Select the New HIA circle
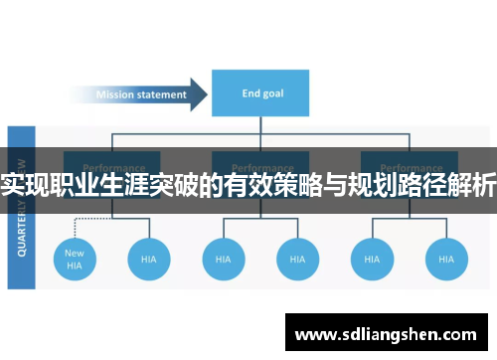tap(75, 259)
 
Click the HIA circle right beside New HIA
tap(149, 259)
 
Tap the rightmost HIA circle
tap(446, 259)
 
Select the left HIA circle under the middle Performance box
tap(223, 259)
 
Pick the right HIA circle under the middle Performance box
tap(297, 259)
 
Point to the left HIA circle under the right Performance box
tap(372, 259)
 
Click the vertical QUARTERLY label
tap(22, 209)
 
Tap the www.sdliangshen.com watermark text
tap(389, 332)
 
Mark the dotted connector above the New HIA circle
tap(75, 224)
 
